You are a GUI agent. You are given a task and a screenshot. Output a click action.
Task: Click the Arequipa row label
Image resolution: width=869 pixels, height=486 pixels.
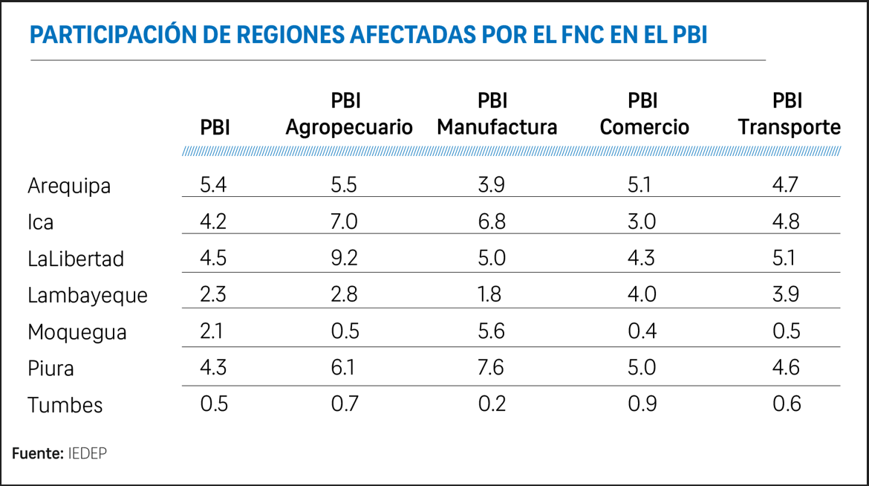click(69, 186)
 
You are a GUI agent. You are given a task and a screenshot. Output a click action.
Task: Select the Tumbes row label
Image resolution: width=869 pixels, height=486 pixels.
click(65, 405)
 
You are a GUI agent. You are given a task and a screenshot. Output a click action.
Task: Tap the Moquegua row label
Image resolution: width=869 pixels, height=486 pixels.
click(77, 332)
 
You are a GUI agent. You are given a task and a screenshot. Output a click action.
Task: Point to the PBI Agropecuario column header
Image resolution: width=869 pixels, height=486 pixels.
click(349, 114)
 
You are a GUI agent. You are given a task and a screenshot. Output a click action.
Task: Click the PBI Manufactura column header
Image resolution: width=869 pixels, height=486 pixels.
click(497, 114)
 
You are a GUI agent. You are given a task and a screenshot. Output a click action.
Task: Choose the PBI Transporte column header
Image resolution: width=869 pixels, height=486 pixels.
click(789, 114)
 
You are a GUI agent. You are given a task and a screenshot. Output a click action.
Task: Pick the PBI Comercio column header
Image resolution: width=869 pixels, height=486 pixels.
click(644, 114)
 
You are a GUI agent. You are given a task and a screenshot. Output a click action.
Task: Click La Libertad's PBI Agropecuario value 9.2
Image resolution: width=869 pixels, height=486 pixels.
click(344, 258)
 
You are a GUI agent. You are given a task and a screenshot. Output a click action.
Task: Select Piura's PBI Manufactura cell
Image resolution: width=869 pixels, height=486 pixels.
click(491, 368)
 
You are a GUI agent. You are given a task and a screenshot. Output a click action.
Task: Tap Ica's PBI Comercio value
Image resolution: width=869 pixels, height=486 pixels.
click(642, 221)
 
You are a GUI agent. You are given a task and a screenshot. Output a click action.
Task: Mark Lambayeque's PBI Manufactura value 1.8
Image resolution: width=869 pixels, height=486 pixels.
click(491, 294)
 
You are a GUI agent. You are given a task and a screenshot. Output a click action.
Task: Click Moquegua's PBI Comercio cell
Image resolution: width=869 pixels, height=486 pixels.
click(642, 331)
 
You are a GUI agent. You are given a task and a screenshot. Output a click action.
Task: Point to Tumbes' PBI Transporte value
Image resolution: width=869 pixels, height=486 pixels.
click(786, 404)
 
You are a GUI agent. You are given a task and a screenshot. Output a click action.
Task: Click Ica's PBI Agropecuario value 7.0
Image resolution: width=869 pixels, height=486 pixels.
click(344, 221)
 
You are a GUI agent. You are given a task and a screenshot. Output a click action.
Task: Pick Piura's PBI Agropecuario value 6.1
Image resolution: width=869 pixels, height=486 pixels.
click(344, 368)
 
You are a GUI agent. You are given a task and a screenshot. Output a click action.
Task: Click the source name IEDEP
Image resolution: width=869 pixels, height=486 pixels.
click(87, 453)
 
